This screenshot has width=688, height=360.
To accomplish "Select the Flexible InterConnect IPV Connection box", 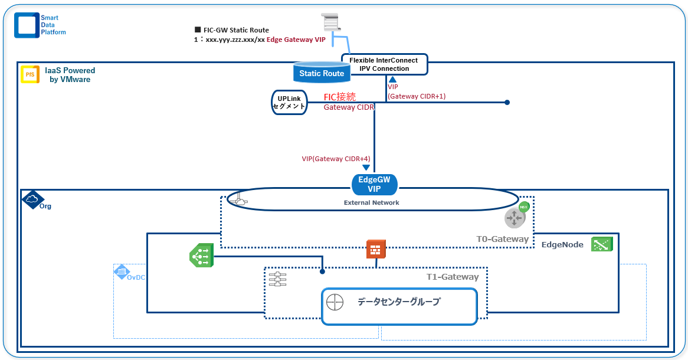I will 384,64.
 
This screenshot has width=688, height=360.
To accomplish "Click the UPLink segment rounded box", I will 289,102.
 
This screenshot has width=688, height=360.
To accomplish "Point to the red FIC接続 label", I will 340,97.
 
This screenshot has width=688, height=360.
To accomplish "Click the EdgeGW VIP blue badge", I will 374,185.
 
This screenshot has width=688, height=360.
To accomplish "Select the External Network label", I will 372,202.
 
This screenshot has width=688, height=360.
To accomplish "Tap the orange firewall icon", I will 376,249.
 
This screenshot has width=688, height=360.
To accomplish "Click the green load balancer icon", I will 201,256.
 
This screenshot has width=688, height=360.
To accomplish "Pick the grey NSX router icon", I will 515,217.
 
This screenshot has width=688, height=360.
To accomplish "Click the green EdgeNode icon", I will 602,244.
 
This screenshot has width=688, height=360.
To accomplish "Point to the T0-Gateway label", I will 502,239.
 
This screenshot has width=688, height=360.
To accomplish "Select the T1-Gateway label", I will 453,277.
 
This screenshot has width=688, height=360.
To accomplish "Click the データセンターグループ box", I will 399,306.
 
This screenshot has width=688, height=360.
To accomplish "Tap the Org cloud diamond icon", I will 32,199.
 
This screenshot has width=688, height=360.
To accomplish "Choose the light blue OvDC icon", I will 120,271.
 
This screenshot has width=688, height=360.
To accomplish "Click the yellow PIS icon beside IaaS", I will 30,74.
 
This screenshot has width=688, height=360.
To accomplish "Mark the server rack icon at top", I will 331,22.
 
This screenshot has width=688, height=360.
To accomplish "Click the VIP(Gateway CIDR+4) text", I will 336,159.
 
